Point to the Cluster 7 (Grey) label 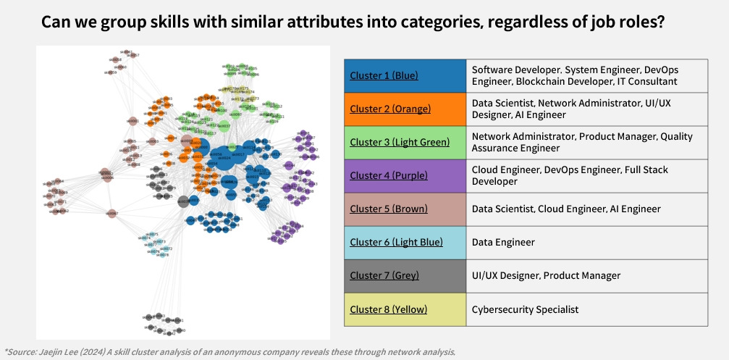coord(384,275)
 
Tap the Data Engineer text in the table coord(505,242)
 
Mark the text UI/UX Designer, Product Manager coord(546,275)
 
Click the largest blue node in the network coord(226,159)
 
